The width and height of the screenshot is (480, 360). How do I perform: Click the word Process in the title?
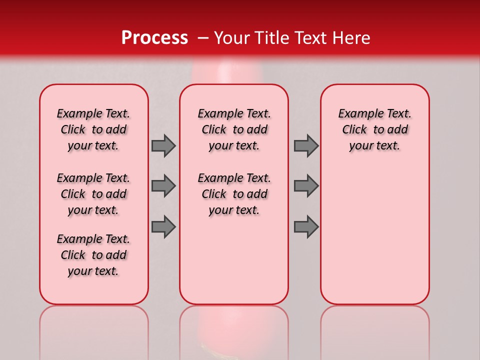(154, 37)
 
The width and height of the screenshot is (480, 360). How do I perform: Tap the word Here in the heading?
(351, 38)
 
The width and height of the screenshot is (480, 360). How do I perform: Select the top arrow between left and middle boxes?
(163, 145)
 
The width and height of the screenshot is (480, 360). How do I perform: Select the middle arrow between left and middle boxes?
(163, 186)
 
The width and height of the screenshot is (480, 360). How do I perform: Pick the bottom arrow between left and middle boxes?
(163, 227)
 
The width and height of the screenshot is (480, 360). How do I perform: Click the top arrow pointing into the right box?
(305, 145)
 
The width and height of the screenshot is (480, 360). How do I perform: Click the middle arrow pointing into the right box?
(305, 186)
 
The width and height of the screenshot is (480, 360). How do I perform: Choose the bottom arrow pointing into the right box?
(305, 227)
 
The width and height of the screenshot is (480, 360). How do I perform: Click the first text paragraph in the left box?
(93, 129)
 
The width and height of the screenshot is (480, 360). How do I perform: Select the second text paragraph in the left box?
(93, 194)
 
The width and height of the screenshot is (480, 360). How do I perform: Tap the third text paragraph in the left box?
(93, 255)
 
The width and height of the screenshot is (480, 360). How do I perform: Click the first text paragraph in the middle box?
(234, 129)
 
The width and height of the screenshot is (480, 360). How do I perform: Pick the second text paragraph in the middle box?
(234, 194)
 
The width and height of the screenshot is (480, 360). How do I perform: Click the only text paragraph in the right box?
(374, 129)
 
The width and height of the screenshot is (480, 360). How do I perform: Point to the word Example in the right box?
(357, 114)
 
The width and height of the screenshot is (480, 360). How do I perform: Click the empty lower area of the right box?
(374, 240)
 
